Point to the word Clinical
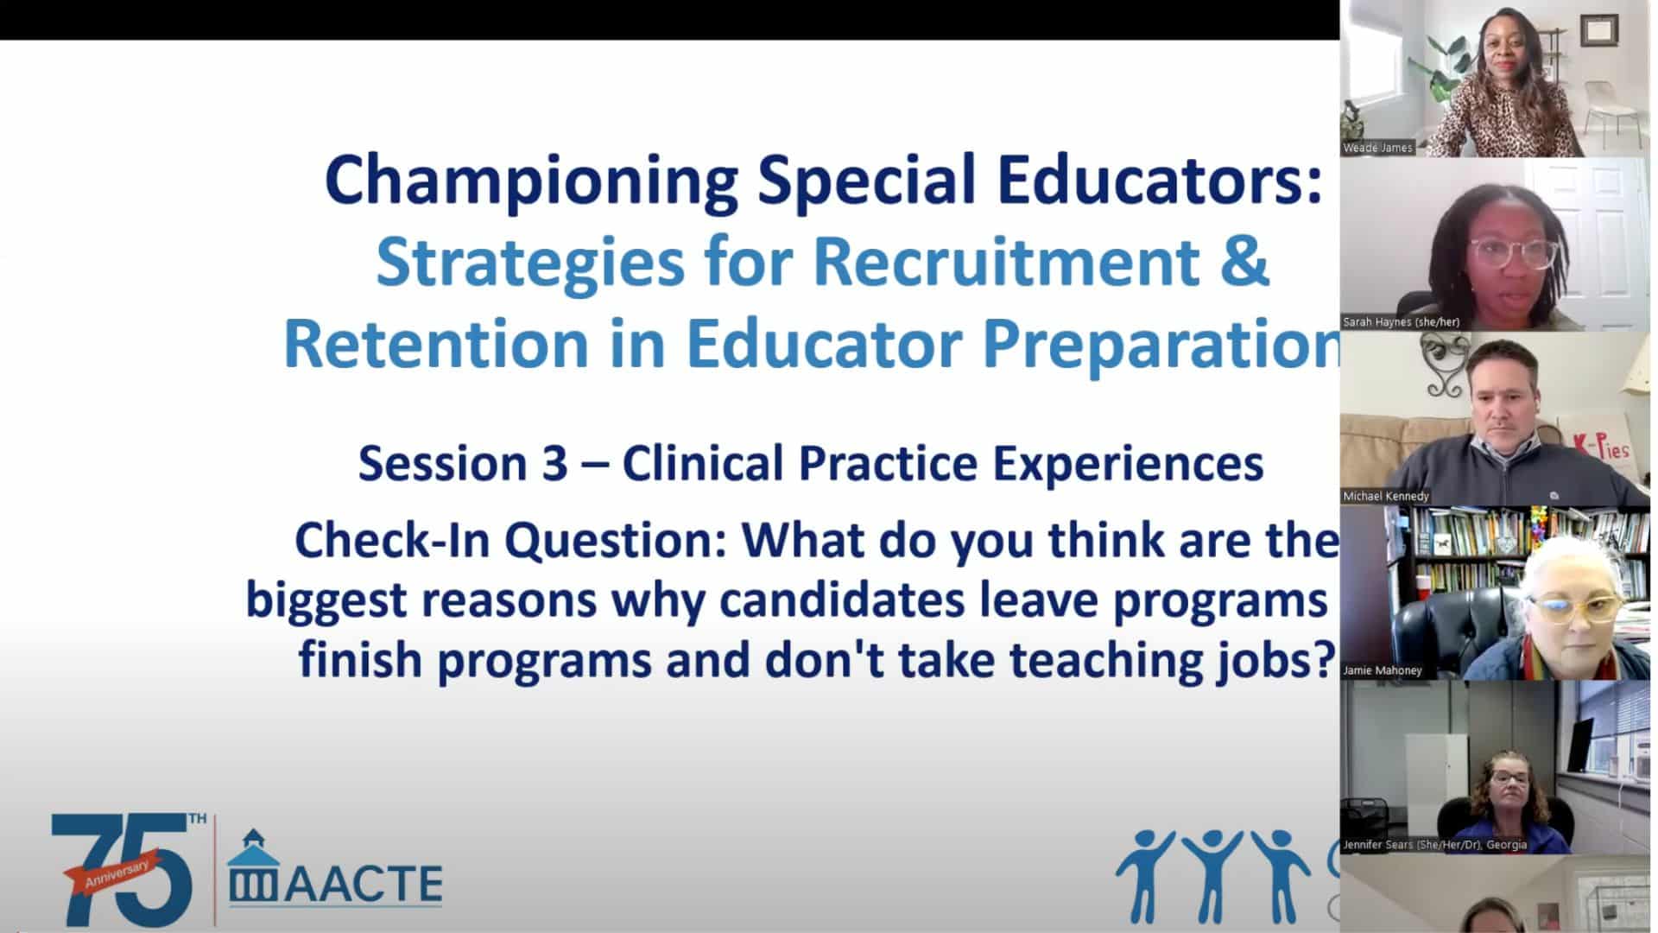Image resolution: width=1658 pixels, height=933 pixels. (703, 464)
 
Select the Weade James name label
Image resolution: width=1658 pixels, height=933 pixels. (1377, 148)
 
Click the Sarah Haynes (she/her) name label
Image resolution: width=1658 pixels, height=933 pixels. (1402, 322)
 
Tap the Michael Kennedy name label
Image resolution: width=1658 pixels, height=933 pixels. (1386, 496)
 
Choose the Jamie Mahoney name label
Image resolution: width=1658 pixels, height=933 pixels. (1383, 670)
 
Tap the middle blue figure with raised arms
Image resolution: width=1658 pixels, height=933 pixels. (1212, 873)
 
